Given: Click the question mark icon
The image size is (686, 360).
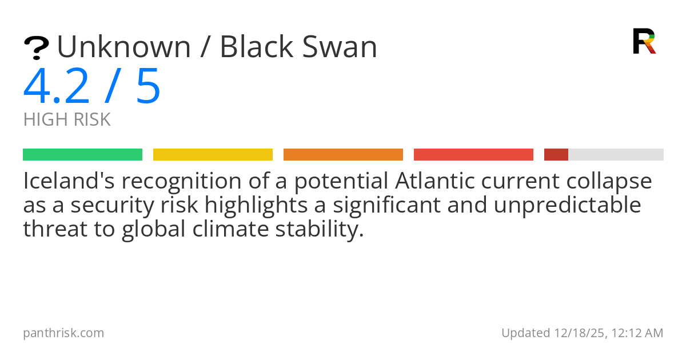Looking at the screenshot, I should pyautogui.click(x=36, y=47).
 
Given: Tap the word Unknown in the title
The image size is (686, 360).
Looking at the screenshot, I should pyautogui.click(x=123, y=47).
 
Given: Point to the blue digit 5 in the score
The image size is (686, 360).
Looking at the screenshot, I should pyautogui.click(x=148, y=86).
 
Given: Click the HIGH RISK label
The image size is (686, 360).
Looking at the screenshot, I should pyautogui.click(x=67, y=120).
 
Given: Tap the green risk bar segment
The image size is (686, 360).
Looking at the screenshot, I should pyautogui.click(x=82, y=155).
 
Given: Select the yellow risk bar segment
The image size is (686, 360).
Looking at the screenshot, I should pyautogui.click(x=213, y=155).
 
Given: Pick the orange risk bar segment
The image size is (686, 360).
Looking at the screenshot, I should pyautogui.click(x=343, y=155).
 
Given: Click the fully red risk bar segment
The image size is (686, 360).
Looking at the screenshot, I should pyautogui.click(x=473, y=155).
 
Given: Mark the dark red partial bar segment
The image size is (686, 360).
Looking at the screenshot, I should pyautogui.click(x=556, y=155).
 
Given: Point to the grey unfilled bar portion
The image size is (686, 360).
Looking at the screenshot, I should pyautogui.click(x=616, y=155).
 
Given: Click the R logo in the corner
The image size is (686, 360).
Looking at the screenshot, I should pyautogui.click(x=644, y=41).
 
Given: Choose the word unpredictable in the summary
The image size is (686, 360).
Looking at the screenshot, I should pyautogui.click(x=568, y=205).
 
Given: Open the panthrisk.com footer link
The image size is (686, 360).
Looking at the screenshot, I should pyautogui.click(x=63, y=333).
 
